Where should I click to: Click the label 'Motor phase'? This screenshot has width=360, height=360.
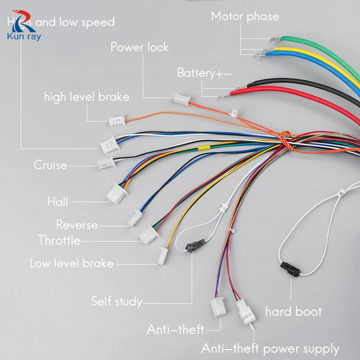pos(245,17)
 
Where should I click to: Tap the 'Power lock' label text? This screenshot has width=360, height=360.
pos(139,47)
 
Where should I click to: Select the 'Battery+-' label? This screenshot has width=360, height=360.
pos(203,73)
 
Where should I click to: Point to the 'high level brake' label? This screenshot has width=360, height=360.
pos(86,97)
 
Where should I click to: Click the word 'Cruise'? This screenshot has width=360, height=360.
pos(50,165)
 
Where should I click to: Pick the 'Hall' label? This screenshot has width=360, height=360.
pos(58,202)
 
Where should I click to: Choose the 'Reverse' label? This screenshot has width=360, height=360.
pos(77,225)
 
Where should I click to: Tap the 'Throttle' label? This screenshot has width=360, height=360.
pos(60,240)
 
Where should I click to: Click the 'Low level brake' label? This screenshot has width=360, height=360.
pos(72,263)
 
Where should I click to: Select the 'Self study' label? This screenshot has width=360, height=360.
pos(117,301)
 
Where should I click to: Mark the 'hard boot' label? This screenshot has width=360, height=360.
pos(293,311)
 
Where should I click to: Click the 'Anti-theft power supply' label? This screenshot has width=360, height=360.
pos(270,348)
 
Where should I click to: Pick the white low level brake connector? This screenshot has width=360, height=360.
pos(162,256)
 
